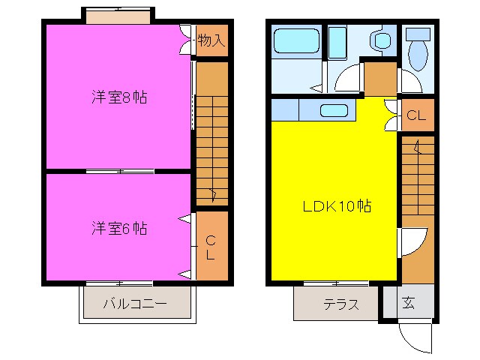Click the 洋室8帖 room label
point(119,97)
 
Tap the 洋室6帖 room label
point(119,228)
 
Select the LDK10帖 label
point(337,206)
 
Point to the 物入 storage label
point(211,40)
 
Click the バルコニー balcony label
point(135,304)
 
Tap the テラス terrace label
point(341,304)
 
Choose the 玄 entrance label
point(409,302)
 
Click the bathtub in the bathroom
point(296,40)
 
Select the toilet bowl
point(418,51)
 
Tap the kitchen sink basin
point(334,110)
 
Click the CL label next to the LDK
point(416,115)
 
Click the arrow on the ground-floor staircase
point(417,147)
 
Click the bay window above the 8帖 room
point(118,16)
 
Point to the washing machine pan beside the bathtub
point(337,43)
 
